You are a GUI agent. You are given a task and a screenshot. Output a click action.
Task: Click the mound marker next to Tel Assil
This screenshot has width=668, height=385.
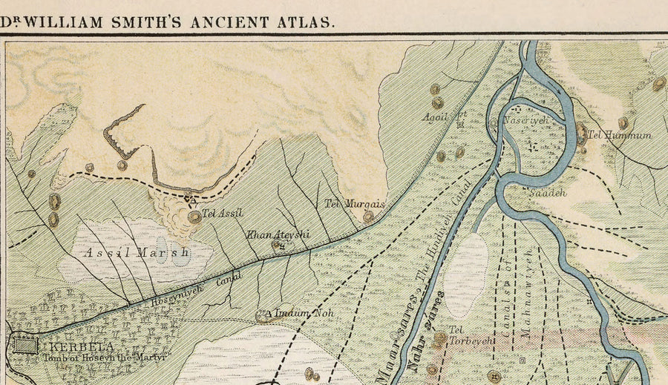pos(194,217)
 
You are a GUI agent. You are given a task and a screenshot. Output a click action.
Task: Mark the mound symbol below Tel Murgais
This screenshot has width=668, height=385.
pos(368,217)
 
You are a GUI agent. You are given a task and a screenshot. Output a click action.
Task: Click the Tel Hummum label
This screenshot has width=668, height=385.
pos(620,135)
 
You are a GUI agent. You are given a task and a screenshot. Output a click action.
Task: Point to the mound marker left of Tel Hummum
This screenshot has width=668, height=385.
pos(581,134)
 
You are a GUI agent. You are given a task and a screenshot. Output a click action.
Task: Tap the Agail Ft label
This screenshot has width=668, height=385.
pos(445,115)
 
